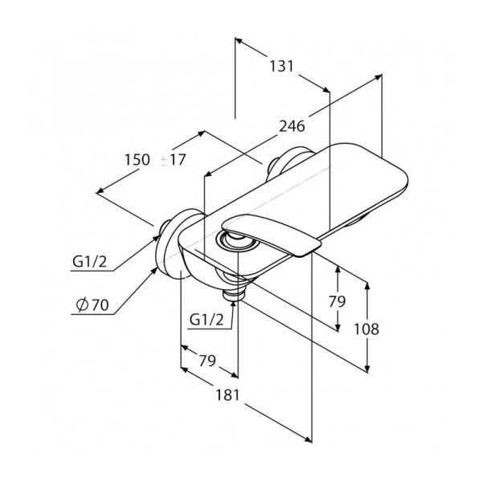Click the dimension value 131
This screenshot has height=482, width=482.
coord(282,67)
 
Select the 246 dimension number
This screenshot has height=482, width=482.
coord(292,126)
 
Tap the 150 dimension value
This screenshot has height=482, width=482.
coord(137,160)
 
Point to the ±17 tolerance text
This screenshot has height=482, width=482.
coord(173,160)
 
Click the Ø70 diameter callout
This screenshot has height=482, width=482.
coord(92,305)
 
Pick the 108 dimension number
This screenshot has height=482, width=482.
coord(366,329)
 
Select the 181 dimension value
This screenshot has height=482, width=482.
coord(227,395)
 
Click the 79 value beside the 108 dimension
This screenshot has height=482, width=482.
coord(337,301)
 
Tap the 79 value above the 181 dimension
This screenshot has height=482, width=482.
coord(207,361)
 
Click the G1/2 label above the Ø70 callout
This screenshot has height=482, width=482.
coord(89,262)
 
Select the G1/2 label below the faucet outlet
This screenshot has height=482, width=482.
coord(206,320)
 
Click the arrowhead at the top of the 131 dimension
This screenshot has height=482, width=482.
coord(239,41)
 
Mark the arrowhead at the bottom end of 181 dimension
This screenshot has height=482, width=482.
coord(308,439)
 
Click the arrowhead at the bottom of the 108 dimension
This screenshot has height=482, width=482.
coord(366,369)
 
